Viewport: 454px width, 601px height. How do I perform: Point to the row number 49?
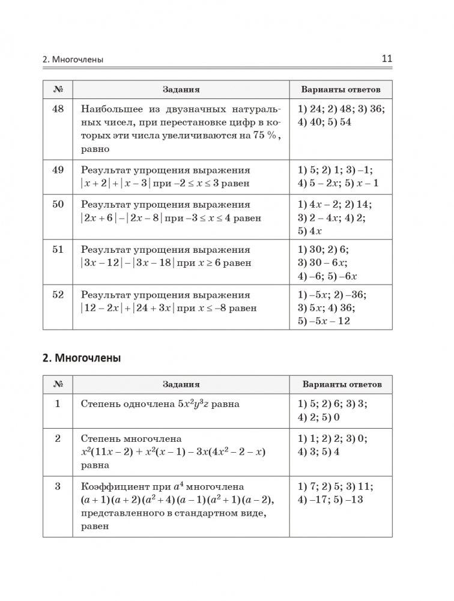58,170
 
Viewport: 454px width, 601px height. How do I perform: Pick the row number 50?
58,205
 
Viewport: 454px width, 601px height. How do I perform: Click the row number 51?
58,250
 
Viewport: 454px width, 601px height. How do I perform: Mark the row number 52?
58,295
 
